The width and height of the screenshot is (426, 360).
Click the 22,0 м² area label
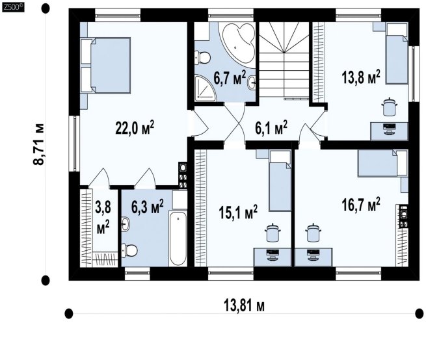click(x=135, y=128)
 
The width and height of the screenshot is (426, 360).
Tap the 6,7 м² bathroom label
click(x=230, y=77)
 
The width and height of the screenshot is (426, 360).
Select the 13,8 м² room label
click(x=360, y=77)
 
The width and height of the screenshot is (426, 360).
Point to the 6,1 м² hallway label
click(x=271, y=127)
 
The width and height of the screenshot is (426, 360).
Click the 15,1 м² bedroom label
click(x=238, y=212)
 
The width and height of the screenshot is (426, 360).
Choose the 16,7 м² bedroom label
click(x=360, y=205)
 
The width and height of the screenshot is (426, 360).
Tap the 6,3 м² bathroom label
click(x=147, y=207)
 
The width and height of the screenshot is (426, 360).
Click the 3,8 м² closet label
click(x=103, y=218)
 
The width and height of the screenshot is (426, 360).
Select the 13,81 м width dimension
click(x=244, y=306)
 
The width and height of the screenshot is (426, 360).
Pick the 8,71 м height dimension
click(x=38, y=144)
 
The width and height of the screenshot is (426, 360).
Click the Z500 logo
click(x=13, y=7)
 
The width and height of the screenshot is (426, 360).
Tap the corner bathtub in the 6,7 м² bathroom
click(x=239, y=45)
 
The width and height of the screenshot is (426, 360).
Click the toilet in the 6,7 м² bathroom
click(x=202, y=57)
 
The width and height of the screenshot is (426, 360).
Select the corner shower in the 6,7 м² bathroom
click(x=205, y=88)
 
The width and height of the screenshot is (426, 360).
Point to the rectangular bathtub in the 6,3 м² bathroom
click(x=178, y=238)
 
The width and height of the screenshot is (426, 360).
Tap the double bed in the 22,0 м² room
click(x=105, y=66)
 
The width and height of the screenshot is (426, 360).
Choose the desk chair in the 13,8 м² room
click(x=390, y=107)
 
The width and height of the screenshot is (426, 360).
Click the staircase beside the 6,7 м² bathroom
click(x=284, y=61)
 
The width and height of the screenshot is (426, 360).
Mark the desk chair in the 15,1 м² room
click(x=273, y=233)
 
